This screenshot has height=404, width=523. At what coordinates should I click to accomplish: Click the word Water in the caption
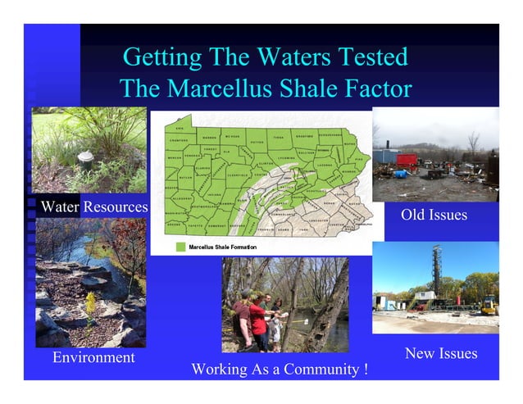59,207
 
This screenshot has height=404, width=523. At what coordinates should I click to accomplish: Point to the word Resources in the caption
115,207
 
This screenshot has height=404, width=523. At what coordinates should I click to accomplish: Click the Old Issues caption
434,215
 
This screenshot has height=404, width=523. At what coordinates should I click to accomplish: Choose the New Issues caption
441,353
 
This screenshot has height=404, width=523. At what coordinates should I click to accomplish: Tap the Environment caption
93,358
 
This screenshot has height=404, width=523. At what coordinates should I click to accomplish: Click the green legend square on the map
180,246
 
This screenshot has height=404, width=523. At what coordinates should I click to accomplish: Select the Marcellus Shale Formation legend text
222,246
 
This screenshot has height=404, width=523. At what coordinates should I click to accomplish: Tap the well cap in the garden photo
84,158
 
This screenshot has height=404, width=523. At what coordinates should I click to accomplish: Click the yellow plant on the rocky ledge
90,306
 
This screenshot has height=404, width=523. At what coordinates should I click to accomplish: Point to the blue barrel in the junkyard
399,174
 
